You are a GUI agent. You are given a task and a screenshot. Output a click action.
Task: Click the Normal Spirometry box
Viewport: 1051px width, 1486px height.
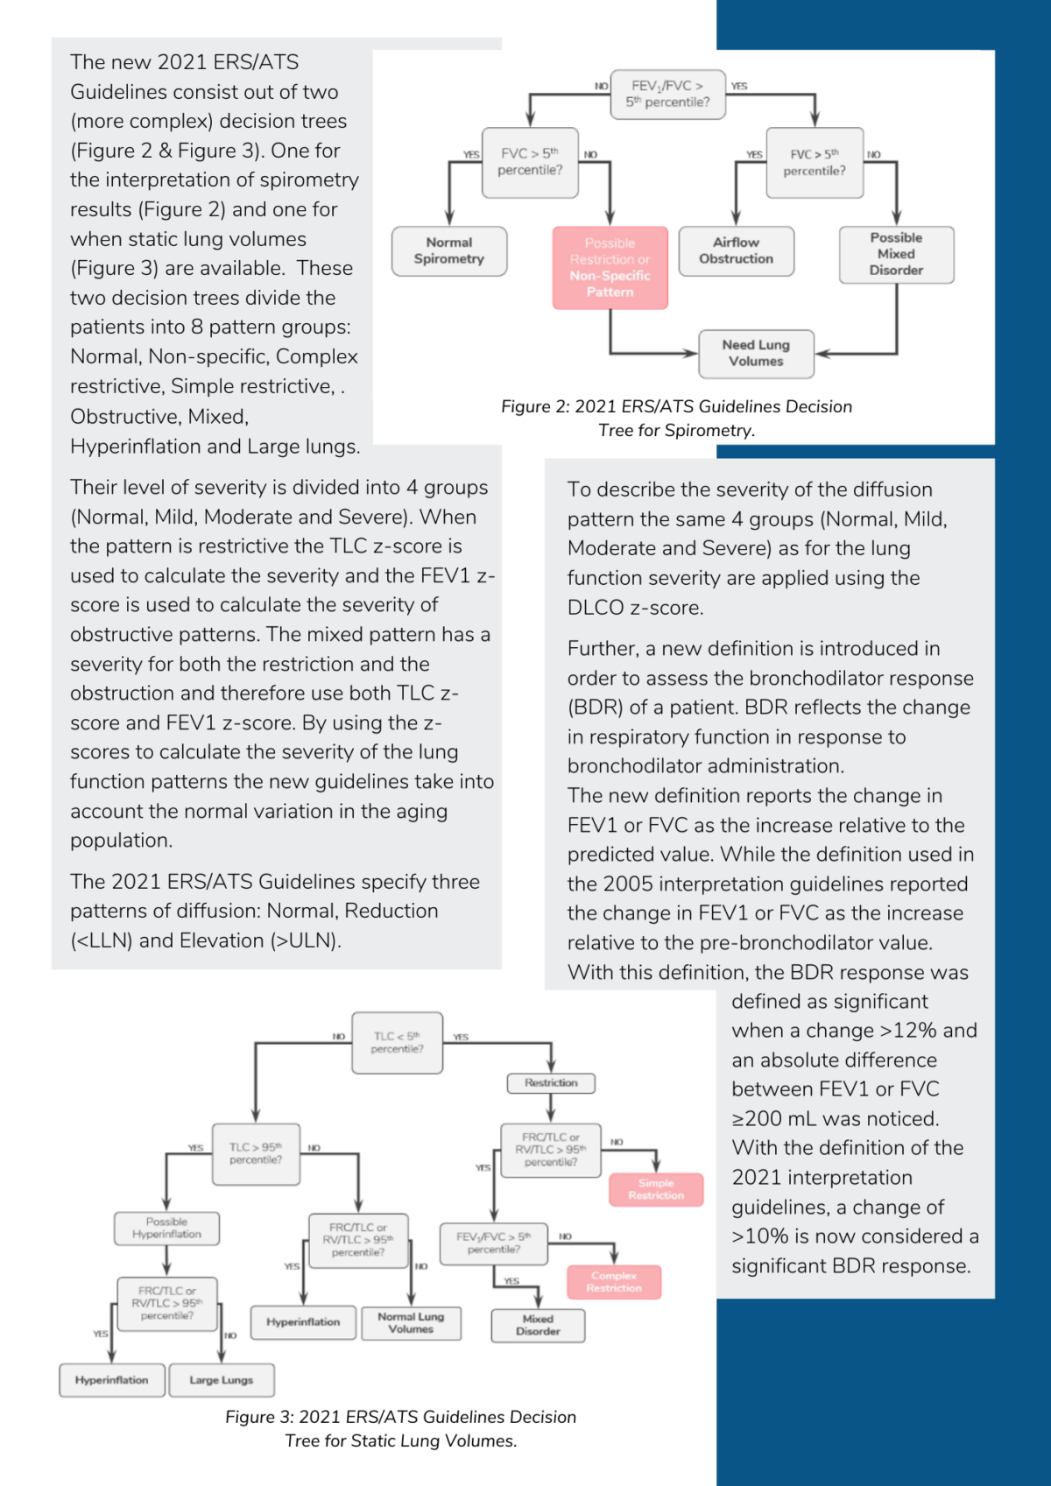click(x=448, y=251)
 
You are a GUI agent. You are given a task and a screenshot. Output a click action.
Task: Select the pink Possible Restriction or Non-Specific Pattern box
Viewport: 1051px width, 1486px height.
click(x=610, y=268)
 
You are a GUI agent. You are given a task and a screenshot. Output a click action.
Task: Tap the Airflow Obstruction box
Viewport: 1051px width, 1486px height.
click(x=736, y=251)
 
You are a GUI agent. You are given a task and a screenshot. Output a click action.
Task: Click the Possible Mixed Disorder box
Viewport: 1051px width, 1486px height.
click(x=896, y=255)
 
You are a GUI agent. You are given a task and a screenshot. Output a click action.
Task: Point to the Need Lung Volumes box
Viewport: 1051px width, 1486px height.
click(x=756, y=354)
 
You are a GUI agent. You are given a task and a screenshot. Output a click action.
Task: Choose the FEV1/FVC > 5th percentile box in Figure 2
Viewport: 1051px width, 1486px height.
click(x=667, y=94)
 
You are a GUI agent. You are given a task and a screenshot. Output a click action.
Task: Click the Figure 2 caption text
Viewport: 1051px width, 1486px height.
click(x=676, y=418)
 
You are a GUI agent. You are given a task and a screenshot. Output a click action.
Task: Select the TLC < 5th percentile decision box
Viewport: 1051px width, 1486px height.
click(x=397, y=1043)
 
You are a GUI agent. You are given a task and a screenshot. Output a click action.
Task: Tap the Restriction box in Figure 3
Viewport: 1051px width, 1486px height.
click(x=551, y=1083)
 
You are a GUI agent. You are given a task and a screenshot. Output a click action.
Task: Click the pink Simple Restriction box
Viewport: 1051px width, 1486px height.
click(x=656, y=1189)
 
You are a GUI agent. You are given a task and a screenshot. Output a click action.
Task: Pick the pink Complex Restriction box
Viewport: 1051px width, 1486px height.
click(x=614, y=1282)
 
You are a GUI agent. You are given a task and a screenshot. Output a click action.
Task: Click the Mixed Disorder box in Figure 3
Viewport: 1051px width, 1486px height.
click(x=538, y=1326)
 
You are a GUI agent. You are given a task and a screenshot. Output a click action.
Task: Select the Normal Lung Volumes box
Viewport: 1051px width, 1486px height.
click(x=411, y=1323)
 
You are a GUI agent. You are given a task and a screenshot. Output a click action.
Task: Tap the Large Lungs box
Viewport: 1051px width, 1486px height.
click(x=222, y=1380)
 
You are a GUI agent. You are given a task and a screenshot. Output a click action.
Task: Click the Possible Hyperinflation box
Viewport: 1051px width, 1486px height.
click(x=166, y=1229)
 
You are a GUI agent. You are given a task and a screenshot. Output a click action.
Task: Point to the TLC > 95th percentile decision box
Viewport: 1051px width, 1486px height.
click(x=256, y=1154)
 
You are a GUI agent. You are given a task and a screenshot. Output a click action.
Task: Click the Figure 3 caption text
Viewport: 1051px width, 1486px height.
click(x=400, y=1428)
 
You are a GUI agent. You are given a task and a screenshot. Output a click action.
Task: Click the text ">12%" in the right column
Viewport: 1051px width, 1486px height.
click(x=909, y=1031)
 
